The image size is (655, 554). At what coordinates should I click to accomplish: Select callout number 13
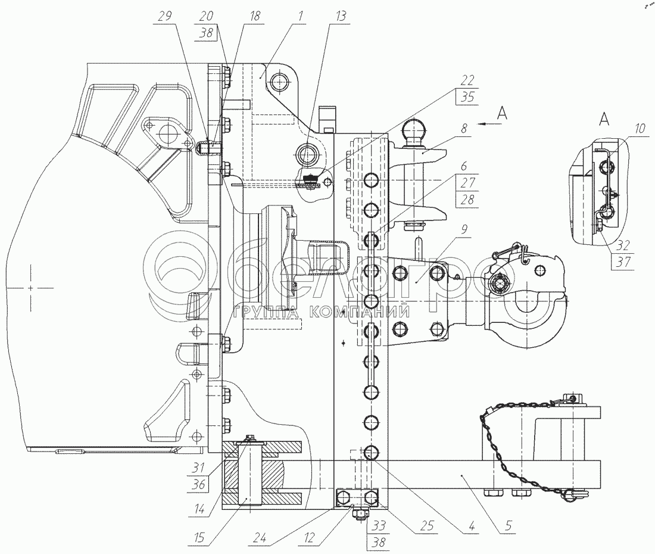[340, 16]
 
